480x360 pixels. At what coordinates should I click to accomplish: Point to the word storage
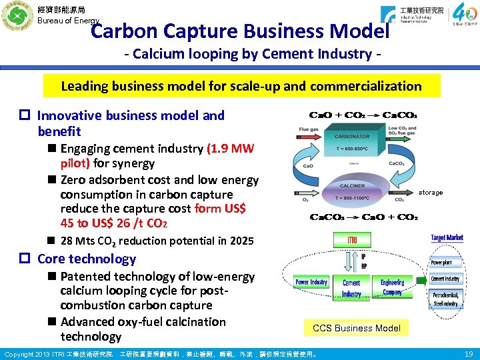430,193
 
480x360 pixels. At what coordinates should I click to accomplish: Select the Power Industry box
311,283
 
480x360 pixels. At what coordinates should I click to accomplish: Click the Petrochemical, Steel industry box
445,299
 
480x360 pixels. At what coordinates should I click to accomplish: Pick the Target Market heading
447,238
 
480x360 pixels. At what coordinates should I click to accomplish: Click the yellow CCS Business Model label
356,328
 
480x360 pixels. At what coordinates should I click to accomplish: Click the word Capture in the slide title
199,31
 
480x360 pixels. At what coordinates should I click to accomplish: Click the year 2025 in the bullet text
239,241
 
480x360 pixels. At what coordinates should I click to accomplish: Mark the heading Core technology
87,259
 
